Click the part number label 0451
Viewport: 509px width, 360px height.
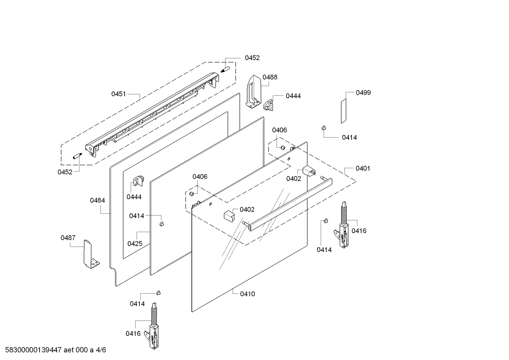[119, 94]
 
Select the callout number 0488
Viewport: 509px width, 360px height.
[270, 77]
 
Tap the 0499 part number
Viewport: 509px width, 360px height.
[363, 93]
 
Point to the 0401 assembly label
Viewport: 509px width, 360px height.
[363, 168]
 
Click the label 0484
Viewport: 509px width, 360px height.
[97, 200]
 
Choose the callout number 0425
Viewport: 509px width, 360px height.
[135, 243]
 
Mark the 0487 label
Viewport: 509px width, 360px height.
[68, 238]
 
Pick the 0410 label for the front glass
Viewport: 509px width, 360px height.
[247, 294]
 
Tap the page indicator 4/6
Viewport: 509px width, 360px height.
[101, 350]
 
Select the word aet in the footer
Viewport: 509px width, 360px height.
[70, 350]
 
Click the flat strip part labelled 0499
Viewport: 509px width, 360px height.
[343, 111]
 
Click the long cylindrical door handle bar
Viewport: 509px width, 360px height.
[289, 205]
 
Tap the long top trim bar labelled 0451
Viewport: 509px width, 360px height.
[152, 113]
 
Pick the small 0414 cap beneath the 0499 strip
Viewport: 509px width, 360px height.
[323, 128]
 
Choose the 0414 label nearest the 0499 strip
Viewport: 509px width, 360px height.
[349, 137]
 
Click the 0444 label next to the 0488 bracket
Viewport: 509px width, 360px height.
[293, 96]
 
